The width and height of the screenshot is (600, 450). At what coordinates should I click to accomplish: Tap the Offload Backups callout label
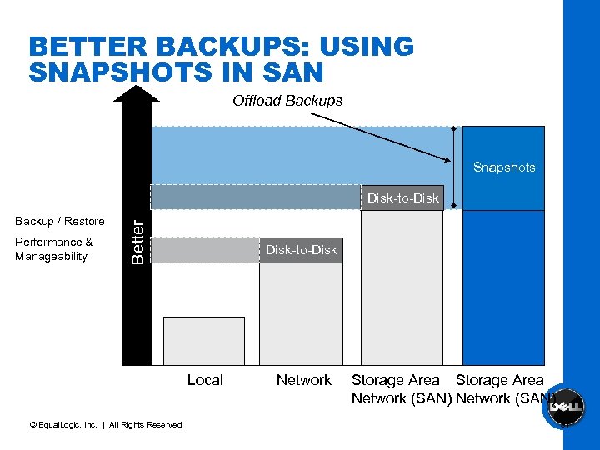287,101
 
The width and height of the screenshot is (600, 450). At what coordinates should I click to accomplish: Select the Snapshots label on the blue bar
504,167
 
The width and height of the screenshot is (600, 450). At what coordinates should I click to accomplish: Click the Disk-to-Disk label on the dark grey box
301,250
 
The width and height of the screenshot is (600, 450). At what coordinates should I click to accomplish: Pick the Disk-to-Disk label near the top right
403,198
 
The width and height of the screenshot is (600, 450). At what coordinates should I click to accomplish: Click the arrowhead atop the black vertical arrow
136,92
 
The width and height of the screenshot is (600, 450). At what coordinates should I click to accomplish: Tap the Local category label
205,380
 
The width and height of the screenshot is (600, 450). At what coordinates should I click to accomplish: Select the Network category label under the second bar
303,380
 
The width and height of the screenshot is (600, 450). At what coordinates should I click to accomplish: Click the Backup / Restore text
60,221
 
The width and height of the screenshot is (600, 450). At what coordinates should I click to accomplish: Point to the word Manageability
51,257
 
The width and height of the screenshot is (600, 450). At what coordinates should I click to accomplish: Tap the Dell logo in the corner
565,408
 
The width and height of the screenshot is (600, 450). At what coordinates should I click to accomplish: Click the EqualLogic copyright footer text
105,425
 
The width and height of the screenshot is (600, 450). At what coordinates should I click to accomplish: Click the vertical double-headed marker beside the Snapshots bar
453,155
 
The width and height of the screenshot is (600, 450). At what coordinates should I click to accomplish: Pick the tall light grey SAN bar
401,287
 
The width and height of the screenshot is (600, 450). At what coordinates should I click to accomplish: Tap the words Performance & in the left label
53,242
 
